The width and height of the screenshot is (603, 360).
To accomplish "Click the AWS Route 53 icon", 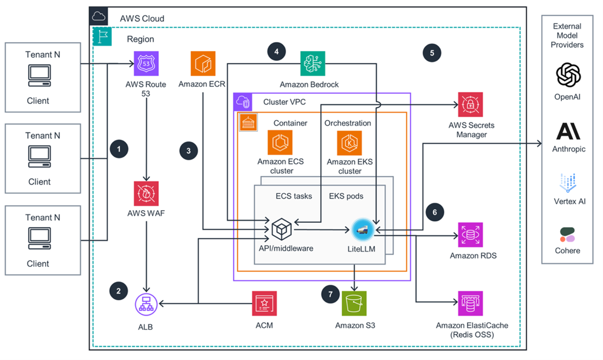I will (146, 64).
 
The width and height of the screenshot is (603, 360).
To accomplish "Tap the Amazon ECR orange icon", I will (203, 64).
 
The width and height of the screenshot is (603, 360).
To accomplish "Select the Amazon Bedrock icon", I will (312, 64).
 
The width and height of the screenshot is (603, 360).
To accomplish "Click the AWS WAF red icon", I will (146, 194).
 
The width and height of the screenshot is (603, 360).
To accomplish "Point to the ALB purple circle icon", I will (146, 303).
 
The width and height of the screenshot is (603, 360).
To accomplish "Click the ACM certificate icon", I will (265, 303).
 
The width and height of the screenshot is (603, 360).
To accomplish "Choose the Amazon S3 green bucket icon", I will (355, 303).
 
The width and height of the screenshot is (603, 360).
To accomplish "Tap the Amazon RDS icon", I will (471, 235).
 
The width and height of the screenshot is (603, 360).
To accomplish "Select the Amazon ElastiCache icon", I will (471, 303).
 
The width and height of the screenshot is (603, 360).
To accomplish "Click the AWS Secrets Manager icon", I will (471, 105).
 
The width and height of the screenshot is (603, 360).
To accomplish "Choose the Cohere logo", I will (567, 235).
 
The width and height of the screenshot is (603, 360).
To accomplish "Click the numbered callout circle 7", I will (331, 294).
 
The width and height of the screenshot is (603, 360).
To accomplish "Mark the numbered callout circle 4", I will (276, 52).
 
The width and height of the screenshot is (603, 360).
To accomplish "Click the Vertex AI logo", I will (568, 182).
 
